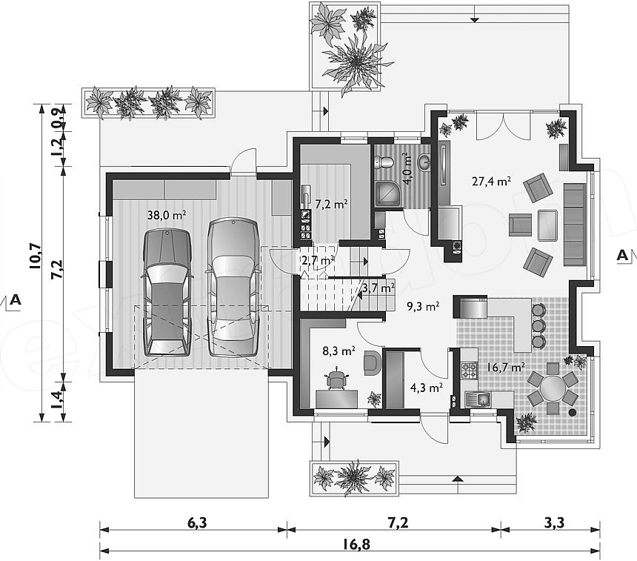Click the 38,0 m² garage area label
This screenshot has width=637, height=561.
tap(167, 215)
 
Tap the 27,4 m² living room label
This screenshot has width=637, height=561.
tap(491, 181)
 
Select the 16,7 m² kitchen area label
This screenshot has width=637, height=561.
tap(505, 368)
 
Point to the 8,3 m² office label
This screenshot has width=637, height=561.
tap(339, 351)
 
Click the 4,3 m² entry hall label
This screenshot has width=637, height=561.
tap(426, 388)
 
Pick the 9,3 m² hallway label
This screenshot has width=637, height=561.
tap(424, 306)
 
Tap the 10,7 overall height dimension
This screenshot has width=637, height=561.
tap(35, 256)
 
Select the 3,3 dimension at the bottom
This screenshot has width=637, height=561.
tap(554, 522)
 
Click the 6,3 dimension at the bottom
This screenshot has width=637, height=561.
tap(197, 522)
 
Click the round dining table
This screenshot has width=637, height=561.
tap(552, 389)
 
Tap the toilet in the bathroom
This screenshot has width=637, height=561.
tap(384, 162)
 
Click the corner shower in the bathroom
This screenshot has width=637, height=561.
tap(388, 195)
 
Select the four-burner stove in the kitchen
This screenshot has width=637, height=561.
tap(469, 371)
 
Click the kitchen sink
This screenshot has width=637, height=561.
tap(478, 399)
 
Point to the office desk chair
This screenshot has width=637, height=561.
tap(338, 379)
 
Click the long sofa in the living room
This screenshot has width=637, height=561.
tap(575, 225)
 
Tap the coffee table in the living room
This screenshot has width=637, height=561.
tap(547, 225)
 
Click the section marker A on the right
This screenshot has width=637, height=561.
tap(622, 255)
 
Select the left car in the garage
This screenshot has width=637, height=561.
tap(167, 292)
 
